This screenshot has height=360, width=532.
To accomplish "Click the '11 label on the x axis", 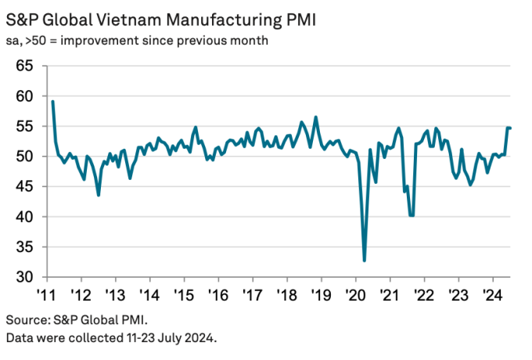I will (x=48, y=296).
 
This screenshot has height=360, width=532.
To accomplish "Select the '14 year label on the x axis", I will (x=149, y=296).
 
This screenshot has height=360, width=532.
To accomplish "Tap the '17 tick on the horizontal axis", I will (x=251, y=296).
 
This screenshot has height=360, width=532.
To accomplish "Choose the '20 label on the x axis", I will (x=354, y=296).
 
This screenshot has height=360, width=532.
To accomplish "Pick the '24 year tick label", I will (x=491, y=296).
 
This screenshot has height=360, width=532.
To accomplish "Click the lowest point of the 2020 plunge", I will (x=365, y=261).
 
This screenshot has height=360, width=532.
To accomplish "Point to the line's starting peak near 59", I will (x=52, y=101).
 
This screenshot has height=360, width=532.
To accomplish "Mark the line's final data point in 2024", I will (x=511, y=128).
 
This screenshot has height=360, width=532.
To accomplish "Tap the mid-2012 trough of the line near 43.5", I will (x=98, y=195).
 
